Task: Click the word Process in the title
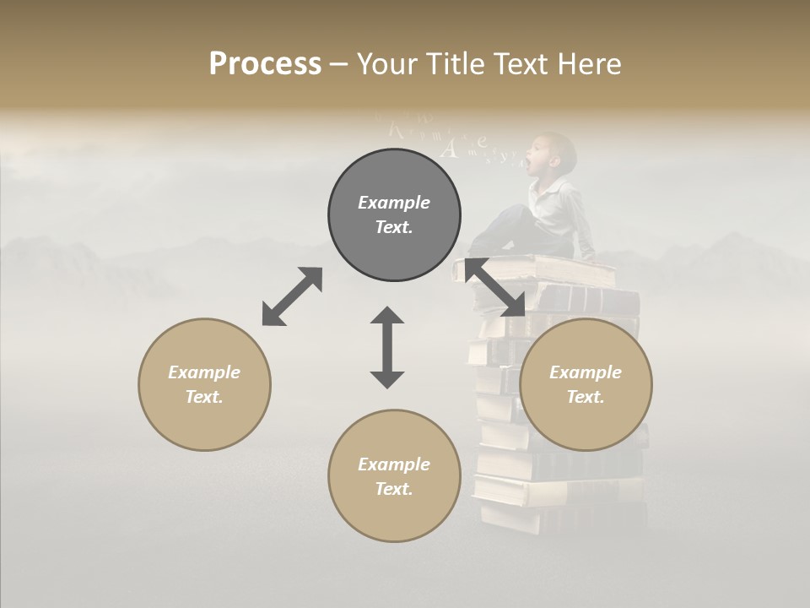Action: pyautogui.click(x=265, y=63)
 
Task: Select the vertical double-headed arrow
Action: pyautogui.click(x=387, y=347)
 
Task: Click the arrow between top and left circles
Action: pyautogui.click(x=292, y=296)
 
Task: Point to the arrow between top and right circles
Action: pyautogui.click(x=495, y=288)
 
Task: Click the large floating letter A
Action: pyautogui.click(x=450, y=149)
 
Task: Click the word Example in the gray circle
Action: pyautogui.click(x=394, y=203)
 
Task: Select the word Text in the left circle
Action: pyautogui.click(x=204, y=397)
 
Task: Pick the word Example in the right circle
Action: pyautogui.click(x=586, y=372)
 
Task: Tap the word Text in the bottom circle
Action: pyautogui.click(x=394, y=489)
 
